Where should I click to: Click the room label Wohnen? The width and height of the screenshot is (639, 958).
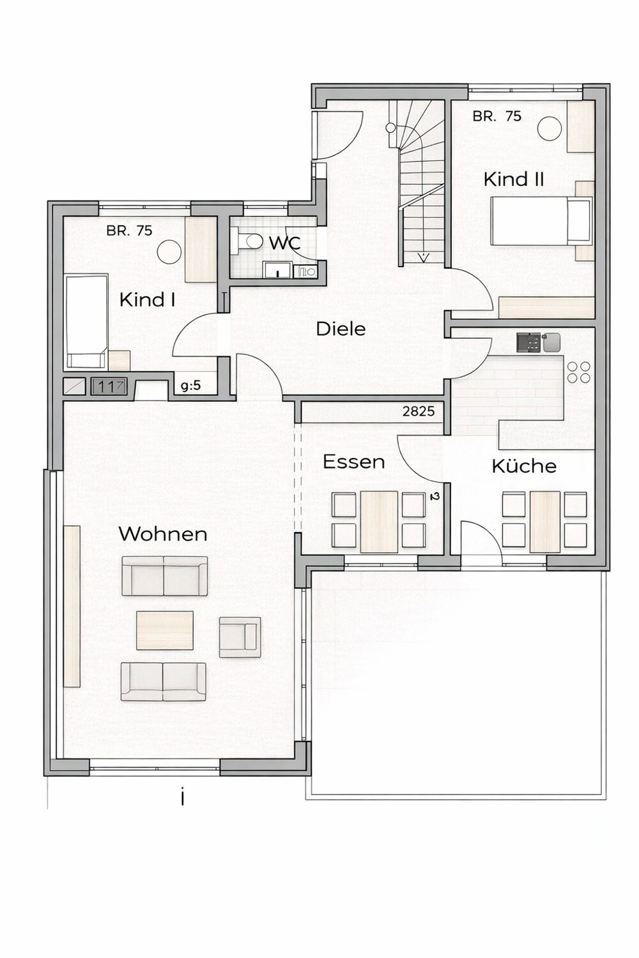pyautogui.click(x=163, y=534)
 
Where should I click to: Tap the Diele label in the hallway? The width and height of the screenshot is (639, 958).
pyautogui.click(x=341, y=329)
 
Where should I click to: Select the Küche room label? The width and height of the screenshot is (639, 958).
pyautogui.click(x=523, y=466)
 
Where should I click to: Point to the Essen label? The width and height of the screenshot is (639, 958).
pyautogui.click(x=353, y=462)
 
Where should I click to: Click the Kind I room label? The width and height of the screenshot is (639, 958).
pyautogui.click(x=147, y=300)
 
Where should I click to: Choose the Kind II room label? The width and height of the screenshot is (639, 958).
pyautogui.click(x=514, y=179)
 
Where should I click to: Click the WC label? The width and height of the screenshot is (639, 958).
pyautogui.click(x=284, y=243)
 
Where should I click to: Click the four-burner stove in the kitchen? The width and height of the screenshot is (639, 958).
pyautogui.click(x=578, y=372)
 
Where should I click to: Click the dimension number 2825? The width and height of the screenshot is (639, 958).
pyautogui.click(x=419, y=412)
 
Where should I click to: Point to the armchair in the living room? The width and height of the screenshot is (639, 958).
pyautogui.click(x=240, y=637)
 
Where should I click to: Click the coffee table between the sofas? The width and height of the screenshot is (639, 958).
pyautogui.click(x=165, y=630)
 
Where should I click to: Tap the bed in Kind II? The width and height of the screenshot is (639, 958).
pyautogui.click(x=541, y=221)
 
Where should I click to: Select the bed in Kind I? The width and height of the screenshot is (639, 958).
pyautogui.click(x=86, y=321)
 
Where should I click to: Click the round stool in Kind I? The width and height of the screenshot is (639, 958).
pyautogui.click(x=169, y=252)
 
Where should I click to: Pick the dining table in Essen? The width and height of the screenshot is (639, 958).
pyautogui.click(x=379, y=522)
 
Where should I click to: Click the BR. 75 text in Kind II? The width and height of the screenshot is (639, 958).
pyautogui.click(x=497, y=116)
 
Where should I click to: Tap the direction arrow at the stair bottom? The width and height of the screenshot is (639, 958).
pyautogui.click(x=423, y=257)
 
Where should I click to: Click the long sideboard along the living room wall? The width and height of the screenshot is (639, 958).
pyautogui.click(x=72, y=605)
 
